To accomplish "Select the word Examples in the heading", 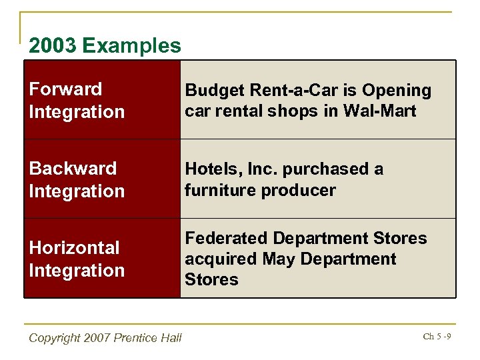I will (132, 46).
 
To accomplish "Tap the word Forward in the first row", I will (65, 89).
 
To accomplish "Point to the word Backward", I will (73, 169).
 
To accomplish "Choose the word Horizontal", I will (74, 248).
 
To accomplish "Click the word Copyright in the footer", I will (55, 338).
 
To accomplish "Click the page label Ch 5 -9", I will (437, 336).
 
